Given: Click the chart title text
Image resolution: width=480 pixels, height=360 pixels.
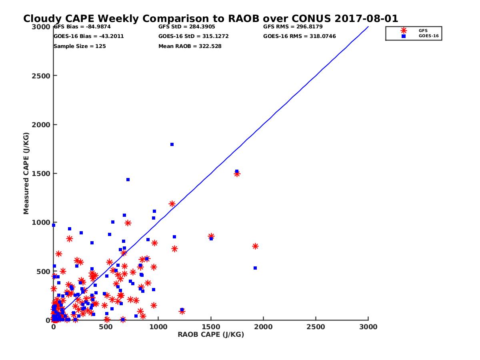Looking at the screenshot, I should tap(210, 19).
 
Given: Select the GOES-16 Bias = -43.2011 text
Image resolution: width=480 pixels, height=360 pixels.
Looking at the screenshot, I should tap(88, 36).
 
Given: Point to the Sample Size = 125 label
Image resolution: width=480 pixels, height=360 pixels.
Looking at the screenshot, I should tap(80, 46).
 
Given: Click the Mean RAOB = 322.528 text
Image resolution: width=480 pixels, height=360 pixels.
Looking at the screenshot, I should tap(190, 46).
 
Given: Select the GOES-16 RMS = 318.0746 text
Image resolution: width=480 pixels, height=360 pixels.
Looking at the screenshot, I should tap(300, 36).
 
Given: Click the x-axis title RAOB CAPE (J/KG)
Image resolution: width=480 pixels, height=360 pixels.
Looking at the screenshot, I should tap(211, 335).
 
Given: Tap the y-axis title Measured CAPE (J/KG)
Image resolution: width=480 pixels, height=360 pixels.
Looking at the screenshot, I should tap(26, 174).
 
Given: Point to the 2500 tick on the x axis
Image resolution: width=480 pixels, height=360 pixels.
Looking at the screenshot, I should tap(316, 327).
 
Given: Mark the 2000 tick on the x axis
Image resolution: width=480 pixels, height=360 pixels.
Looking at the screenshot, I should tap(264, 327).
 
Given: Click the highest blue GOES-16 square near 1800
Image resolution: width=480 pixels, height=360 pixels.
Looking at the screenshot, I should tap(172, 144).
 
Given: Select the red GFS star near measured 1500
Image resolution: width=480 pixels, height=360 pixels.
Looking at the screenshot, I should tap(237, 174).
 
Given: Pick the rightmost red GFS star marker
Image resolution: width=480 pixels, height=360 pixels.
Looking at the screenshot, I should tap(255, 246).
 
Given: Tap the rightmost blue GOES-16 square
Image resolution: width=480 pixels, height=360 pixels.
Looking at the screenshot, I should tap(255, 268).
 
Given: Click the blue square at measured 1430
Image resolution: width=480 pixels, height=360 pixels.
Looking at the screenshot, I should tap(128, 180).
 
